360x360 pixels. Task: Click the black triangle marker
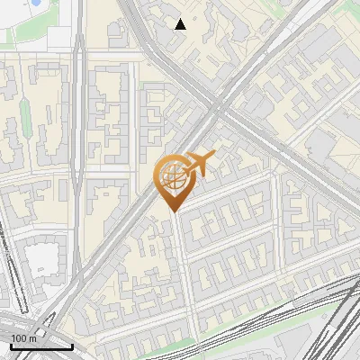click(x=181, y=24)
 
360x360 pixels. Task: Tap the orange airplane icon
click(x=199, y=164)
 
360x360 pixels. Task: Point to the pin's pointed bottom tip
click(x=173, y=211)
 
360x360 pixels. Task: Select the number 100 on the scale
click(x=18, y=338)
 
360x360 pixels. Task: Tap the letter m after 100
click(x=31, y=338)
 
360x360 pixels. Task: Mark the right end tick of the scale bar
click(x=71, y=346)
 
